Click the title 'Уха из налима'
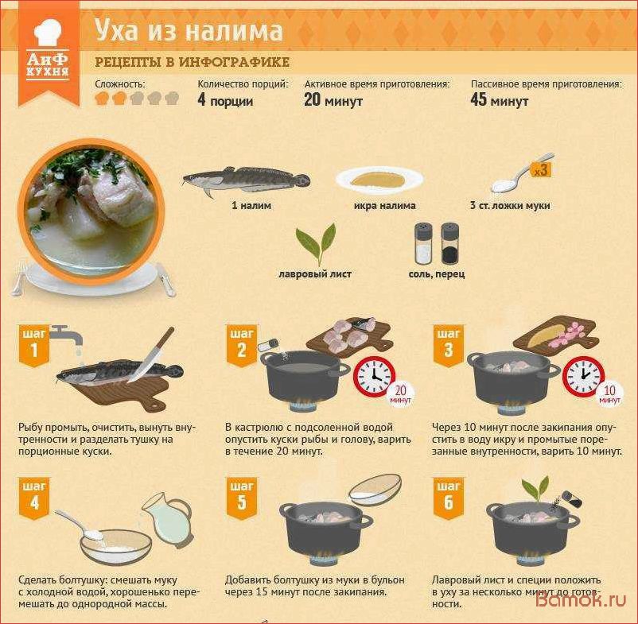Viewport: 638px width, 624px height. [x=189, y=31]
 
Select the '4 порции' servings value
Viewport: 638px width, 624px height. [x=225, y=101]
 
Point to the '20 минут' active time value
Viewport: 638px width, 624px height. [x=333, y=101]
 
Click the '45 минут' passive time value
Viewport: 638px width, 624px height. [x=499, y=101]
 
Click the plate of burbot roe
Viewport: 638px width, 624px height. [x=377, y=179]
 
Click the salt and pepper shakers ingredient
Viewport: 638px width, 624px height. [x=437, y=243]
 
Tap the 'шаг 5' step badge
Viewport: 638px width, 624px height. [x=241, y=498]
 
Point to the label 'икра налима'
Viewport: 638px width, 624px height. [x=384, y=206]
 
